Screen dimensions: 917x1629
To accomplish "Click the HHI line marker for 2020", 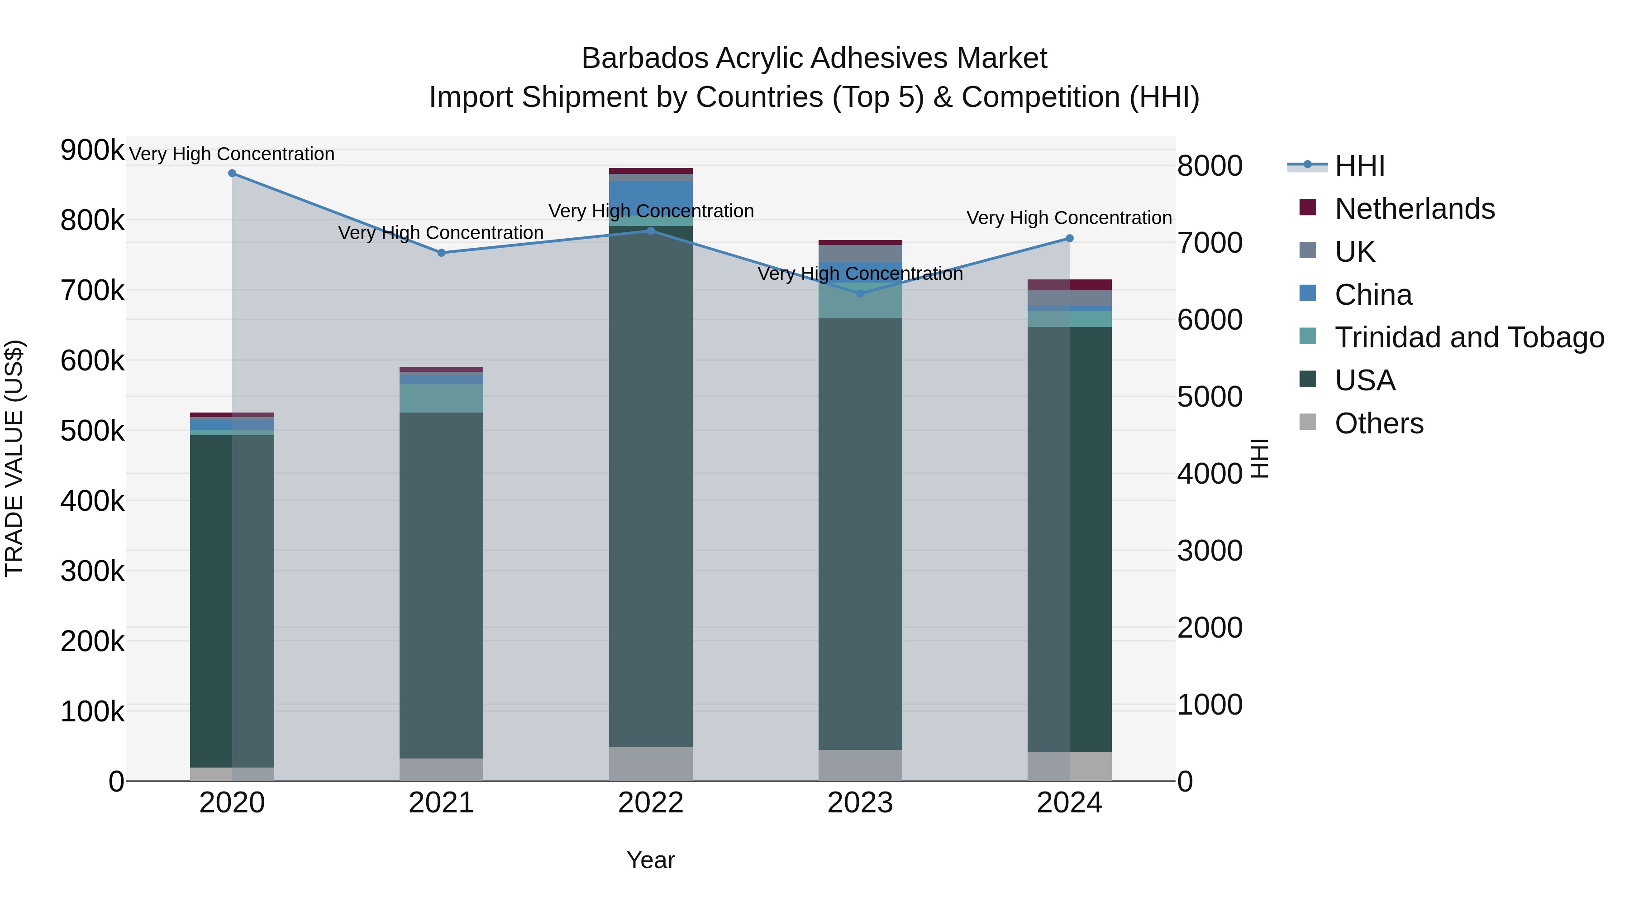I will [x=232, y=173].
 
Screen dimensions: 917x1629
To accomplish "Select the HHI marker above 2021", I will [x=441, y=253].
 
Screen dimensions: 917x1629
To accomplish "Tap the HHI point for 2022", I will [x=651, y=231].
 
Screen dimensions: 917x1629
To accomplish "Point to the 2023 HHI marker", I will [x=860, y=293].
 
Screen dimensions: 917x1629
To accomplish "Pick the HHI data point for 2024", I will [x=1069, y=239].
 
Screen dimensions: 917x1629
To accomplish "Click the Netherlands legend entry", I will [x=1414, y=209].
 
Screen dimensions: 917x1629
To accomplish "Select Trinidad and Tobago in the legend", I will [x=1469, y=337].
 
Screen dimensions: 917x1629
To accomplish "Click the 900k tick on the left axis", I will [x=92, y=151].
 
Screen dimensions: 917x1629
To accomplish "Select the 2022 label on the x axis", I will [x=651, y=803].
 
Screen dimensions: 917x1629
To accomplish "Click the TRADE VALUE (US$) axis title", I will [x=14, y=458].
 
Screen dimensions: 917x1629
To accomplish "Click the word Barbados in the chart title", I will [x=644, y=58].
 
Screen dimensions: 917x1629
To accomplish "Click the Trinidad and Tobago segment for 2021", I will [x=441, y=398].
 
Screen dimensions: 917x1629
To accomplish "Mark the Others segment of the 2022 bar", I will [x=651, y=764].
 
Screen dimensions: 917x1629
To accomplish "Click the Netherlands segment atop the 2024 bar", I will [x=1069, y=285].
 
